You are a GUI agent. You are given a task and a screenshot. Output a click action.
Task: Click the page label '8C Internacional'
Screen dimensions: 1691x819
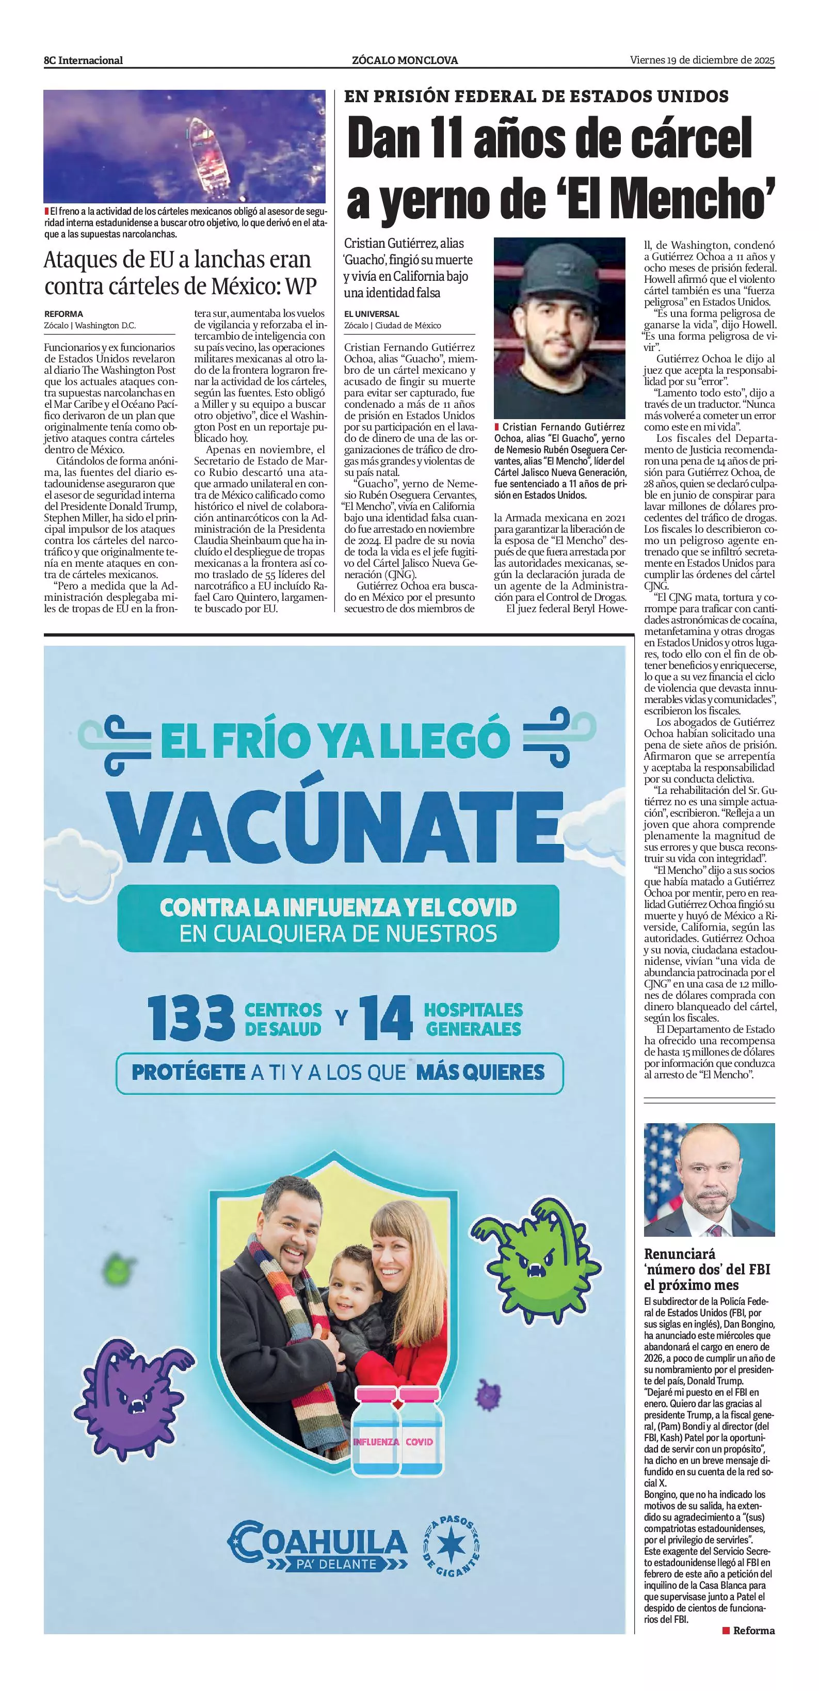[83, 60]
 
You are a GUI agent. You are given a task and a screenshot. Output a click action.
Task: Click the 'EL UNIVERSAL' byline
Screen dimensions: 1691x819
[372, 314]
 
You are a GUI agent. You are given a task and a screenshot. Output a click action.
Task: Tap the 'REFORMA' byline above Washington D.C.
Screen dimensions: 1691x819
[63, 314]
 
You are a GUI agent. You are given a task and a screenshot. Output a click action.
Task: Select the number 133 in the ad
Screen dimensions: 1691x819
[191, 1018]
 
